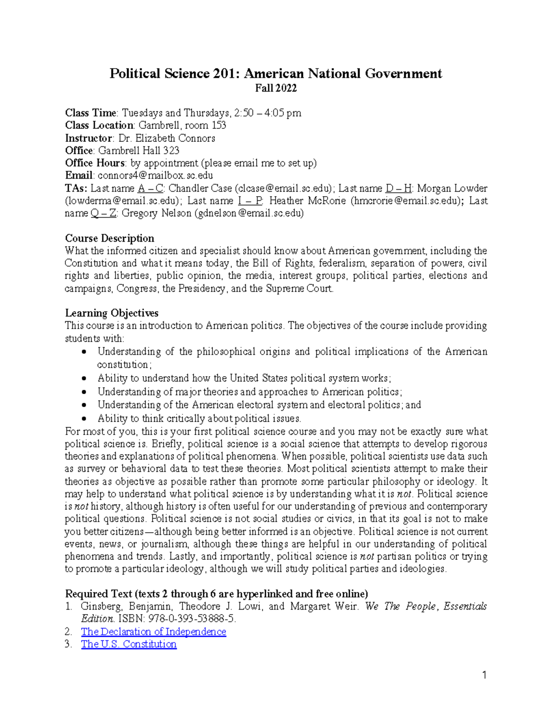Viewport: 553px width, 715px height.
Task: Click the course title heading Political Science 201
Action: pyautogui.click(x=275, y=74)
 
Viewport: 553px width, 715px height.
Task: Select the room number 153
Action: pyautogui.click(x=218, y=126)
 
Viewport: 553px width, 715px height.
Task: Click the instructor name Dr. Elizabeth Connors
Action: pyautogui.click(x=166, y=138)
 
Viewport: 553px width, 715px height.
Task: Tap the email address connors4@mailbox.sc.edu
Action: pyautogui.click(x=155, y=175)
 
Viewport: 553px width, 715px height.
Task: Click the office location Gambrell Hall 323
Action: pyautogui.click(x=138, y=151)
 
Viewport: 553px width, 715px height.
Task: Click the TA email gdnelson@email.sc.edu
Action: pyautogui.click(x=249, y=213)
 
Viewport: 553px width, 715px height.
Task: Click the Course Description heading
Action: pyautogui.click(x=109, y=238)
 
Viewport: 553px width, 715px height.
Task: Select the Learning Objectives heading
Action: pyautogui.click(x=112, y=313)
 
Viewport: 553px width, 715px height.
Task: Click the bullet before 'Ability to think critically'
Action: pyautogui.click(x=84, y=419)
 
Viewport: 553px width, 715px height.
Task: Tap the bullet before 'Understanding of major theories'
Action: pyautogui.click(x=84, y=392)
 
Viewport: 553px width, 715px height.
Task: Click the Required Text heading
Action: pyautogui.click(x=216, y=594)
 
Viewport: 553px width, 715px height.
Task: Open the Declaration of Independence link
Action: pyautogui.click(x=153, y=632)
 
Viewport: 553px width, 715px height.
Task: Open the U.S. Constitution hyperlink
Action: pyautogui.click(x=129, y=644)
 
